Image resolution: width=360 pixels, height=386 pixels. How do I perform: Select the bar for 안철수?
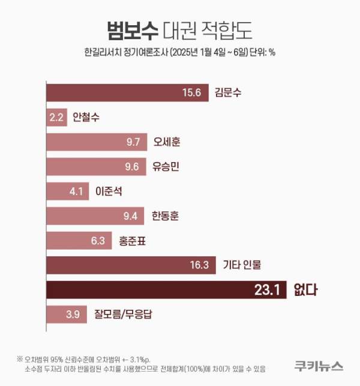[56, 117]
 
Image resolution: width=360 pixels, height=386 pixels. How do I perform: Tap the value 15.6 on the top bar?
[193, 92]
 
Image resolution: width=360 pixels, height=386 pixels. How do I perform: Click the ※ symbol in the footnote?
[20, 359]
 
